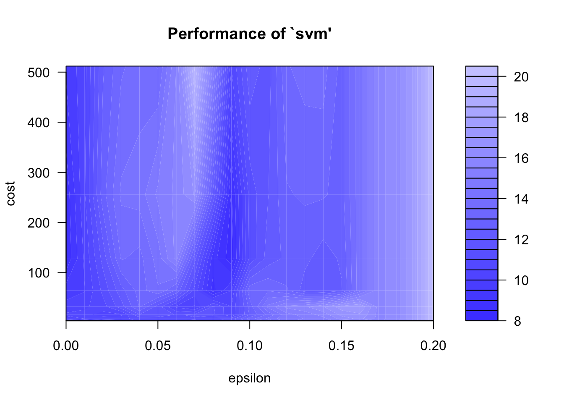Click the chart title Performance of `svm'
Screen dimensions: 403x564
(x=250, y=34)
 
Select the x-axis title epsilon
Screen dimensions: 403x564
(x=249, y=379)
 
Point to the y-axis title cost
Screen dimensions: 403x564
(x=11, y=194)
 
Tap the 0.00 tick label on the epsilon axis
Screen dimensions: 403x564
(x=66, y=346)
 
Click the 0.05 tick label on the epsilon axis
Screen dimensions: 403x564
(x=158, y=346)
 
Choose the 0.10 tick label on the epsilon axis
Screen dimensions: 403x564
(x=250, y=346)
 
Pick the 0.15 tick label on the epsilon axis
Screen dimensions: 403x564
(x=342, y=346)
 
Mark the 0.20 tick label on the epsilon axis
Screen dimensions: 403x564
(x=433, y=346)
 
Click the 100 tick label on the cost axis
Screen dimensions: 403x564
(x=39, y=273)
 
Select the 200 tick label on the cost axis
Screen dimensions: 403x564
(x=39, y=222)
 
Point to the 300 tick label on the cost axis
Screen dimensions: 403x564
(x=39, y=173)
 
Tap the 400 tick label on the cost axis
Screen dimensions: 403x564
(x=39, y=123)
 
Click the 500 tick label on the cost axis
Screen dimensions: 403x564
(x=39, y=72)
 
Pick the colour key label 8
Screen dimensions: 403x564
(x=517, y=321)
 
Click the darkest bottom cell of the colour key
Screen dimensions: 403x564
(x=482, y=316)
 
